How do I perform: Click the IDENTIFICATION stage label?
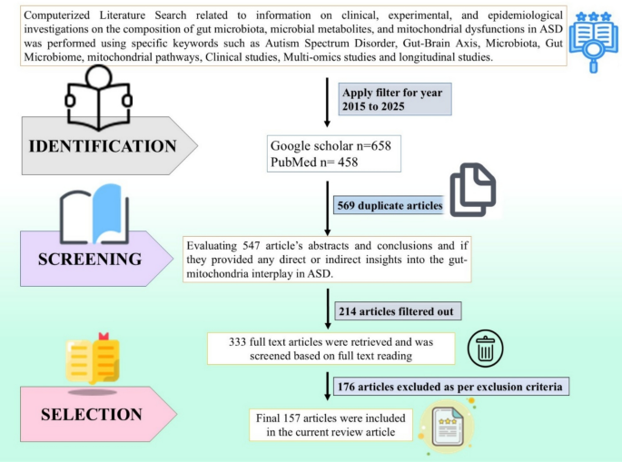103,146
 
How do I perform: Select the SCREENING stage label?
90,259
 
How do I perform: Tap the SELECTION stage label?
92,415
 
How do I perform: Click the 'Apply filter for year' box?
395,99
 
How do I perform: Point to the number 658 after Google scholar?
380,145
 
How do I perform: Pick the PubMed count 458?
348,162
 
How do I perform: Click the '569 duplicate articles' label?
390,205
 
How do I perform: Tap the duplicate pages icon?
472,190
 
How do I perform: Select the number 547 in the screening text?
252,245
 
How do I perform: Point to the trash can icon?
485,349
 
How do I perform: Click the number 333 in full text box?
237,342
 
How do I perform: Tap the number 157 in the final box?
291,418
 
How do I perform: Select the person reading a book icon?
98,97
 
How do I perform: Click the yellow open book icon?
93,359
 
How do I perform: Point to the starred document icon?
447,427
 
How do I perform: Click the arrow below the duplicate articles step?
327,208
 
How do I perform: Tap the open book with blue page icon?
94,214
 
